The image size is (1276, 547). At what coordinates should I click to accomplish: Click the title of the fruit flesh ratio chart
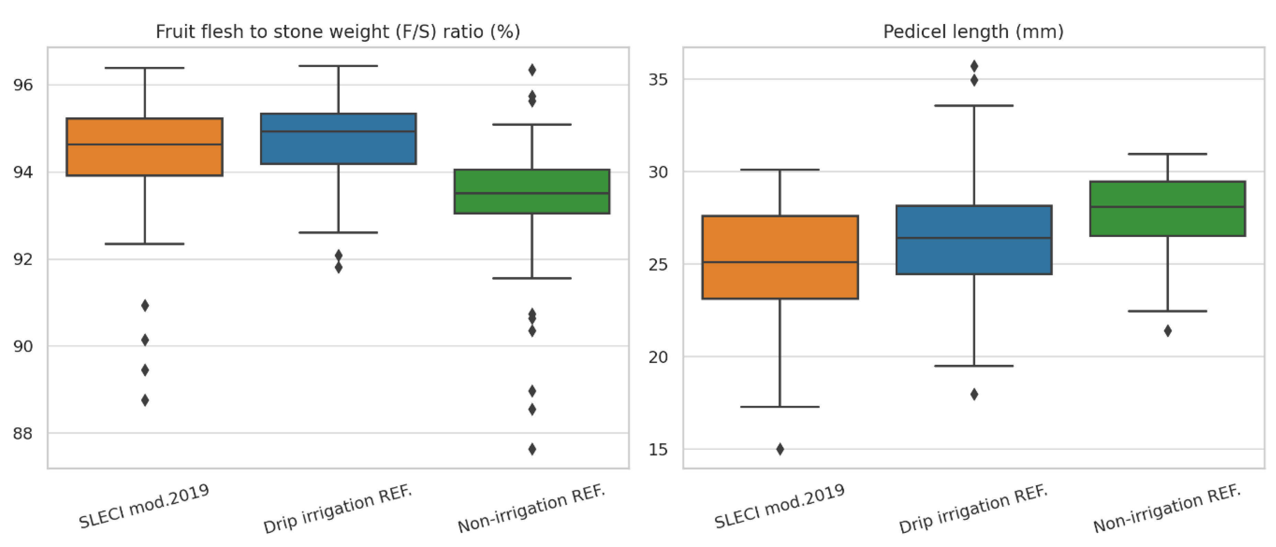point(338,32)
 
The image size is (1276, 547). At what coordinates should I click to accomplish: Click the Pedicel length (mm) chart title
point(973,32)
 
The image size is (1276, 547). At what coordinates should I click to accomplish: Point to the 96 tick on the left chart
point(23,85)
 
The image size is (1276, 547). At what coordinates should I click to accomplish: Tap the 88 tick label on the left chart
point(23,434)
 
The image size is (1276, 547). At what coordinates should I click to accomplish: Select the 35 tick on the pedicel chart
point(658,79)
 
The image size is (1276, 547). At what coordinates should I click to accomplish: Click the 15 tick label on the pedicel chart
point(658,449)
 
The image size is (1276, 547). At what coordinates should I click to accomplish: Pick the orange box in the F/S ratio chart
point(145,158)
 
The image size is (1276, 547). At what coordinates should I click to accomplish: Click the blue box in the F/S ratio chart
point(338,148)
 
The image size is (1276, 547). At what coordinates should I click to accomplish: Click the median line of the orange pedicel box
point(780,262)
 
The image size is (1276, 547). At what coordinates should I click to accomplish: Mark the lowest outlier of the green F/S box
point(532,449)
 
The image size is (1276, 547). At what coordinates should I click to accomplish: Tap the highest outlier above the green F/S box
point(532,70)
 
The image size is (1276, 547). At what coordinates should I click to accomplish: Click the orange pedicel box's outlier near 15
point(780,449)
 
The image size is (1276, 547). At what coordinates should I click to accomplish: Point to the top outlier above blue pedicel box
point(974,66)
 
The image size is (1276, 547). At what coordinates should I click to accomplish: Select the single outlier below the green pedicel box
point(1167,331)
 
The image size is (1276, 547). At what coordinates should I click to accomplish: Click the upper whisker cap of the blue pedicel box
point(974,105)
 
